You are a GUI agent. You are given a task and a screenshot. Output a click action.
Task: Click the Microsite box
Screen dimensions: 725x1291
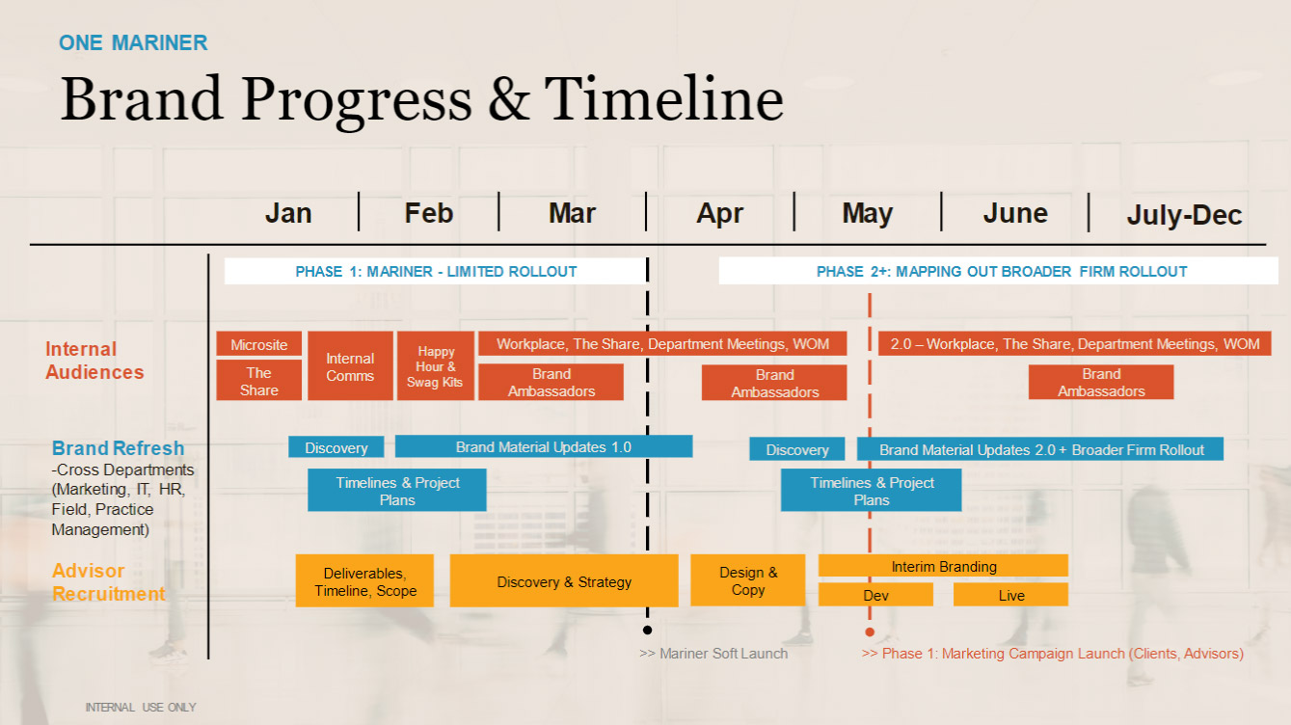pyautogui.click(x=258, y=344)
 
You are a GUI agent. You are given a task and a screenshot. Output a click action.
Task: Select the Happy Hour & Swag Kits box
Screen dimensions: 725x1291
pyautogui.click(x=435, y=366)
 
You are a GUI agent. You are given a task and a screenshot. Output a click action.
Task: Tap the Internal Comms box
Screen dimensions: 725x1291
pyautogui.click(x=350, y=366)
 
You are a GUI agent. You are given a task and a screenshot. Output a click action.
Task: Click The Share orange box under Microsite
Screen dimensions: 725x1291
pyautogui.click(x=258, y=381)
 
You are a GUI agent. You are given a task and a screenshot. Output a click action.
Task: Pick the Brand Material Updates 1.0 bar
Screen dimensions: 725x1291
pyautogui.click(x=543, y=447)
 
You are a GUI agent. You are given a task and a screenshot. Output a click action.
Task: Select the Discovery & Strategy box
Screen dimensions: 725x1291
pyautogui.click(x=564, y=581)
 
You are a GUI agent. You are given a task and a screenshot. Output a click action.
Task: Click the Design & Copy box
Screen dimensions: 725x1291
pyautogui.click(x=747, y=580)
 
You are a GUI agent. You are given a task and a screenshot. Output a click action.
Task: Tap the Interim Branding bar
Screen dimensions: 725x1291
pyautogui.click(x=943, y=566)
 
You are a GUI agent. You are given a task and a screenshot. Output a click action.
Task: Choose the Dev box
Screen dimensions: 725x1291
pyautogui.click(x=875, y=595)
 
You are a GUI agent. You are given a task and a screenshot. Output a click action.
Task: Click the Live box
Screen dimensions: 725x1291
pyautogui.click(x=1010, y=595)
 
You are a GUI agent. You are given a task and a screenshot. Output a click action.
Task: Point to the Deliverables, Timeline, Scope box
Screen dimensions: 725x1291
pyautogui.click(x=364, y=581)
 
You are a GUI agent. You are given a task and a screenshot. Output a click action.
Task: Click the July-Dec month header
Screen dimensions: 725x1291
pyautogui.click(x=1184, y=215)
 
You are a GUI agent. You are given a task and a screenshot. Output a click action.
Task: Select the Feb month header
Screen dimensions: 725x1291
pyautogui.click(x=428, y=213)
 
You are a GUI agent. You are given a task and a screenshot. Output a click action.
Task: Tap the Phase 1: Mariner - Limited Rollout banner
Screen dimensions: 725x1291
pyautogui.click(x=436, y=272)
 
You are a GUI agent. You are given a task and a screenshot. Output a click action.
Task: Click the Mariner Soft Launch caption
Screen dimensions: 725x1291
pyautogui.click(x=713, y=654)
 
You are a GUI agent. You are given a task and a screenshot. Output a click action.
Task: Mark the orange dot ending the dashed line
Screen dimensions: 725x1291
pyautogui.click(x=870, y=632)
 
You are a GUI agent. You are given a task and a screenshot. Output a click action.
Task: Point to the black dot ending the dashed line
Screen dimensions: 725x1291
pyautogui.click(x=647, y=631)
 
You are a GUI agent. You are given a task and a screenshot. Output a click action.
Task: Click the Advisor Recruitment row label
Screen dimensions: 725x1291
pyautogui.click(x=108, y=582)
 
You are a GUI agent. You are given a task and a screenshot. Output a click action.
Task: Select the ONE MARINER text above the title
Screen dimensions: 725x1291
pyautogui.click(x=133, y=42)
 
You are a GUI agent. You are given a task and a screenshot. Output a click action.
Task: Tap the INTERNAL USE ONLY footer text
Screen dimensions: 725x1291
pyautogui.click(x=141, y=708)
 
